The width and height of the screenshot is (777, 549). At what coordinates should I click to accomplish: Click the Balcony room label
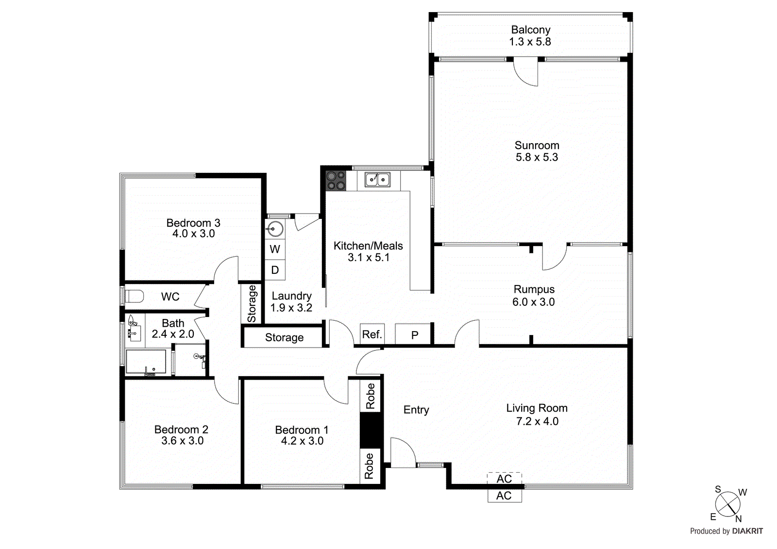[530, 30]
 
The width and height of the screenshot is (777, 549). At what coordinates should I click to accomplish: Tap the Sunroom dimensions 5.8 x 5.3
[537, 157]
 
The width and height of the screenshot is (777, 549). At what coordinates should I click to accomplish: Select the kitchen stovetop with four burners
[336, 181]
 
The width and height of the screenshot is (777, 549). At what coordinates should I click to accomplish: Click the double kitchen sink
[377, 180]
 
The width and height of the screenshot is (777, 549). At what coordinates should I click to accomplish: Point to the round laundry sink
[275, 228]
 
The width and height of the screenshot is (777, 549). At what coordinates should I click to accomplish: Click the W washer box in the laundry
[275, 250]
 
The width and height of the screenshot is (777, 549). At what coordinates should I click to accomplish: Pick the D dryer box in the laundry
[275, 270]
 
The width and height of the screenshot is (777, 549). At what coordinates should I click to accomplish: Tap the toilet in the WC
[135, 296]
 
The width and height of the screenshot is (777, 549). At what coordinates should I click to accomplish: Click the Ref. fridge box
[372, 334]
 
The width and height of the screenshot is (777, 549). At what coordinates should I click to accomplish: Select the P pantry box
[414, 335]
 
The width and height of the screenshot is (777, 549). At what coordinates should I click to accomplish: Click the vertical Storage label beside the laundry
[252, 304]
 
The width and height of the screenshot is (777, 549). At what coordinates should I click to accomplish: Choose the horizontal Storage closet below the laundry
[284, 337]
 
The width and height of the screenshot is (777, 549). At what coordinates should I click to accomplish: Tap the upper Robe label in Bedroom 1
[370, 396]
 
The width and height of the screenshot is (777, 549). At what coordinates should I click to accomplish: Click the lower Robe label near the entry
[369, 466]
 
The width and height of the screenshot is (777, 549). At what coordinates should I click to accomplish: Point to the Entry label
[416, 410]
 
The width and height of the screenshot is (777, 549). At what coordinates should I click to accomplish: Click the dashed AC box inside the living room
[504, 479]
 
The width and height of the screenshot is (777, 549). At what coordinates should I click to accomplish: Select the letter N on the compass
[738, 519]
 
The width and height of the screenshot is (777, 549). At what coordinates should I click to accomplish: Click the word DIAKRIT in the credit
[747, 531]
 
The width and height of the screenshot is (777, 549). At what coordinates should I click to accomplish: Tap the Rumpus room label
[534, 289]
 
